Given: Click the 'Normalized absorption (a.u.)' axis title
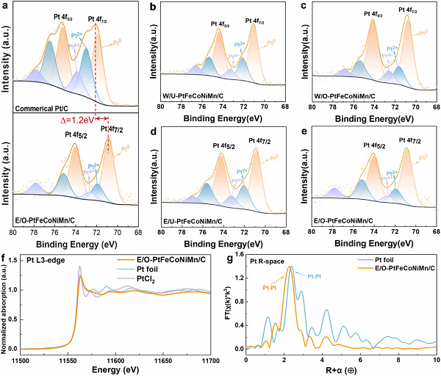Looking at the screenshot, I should [6, 307].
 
